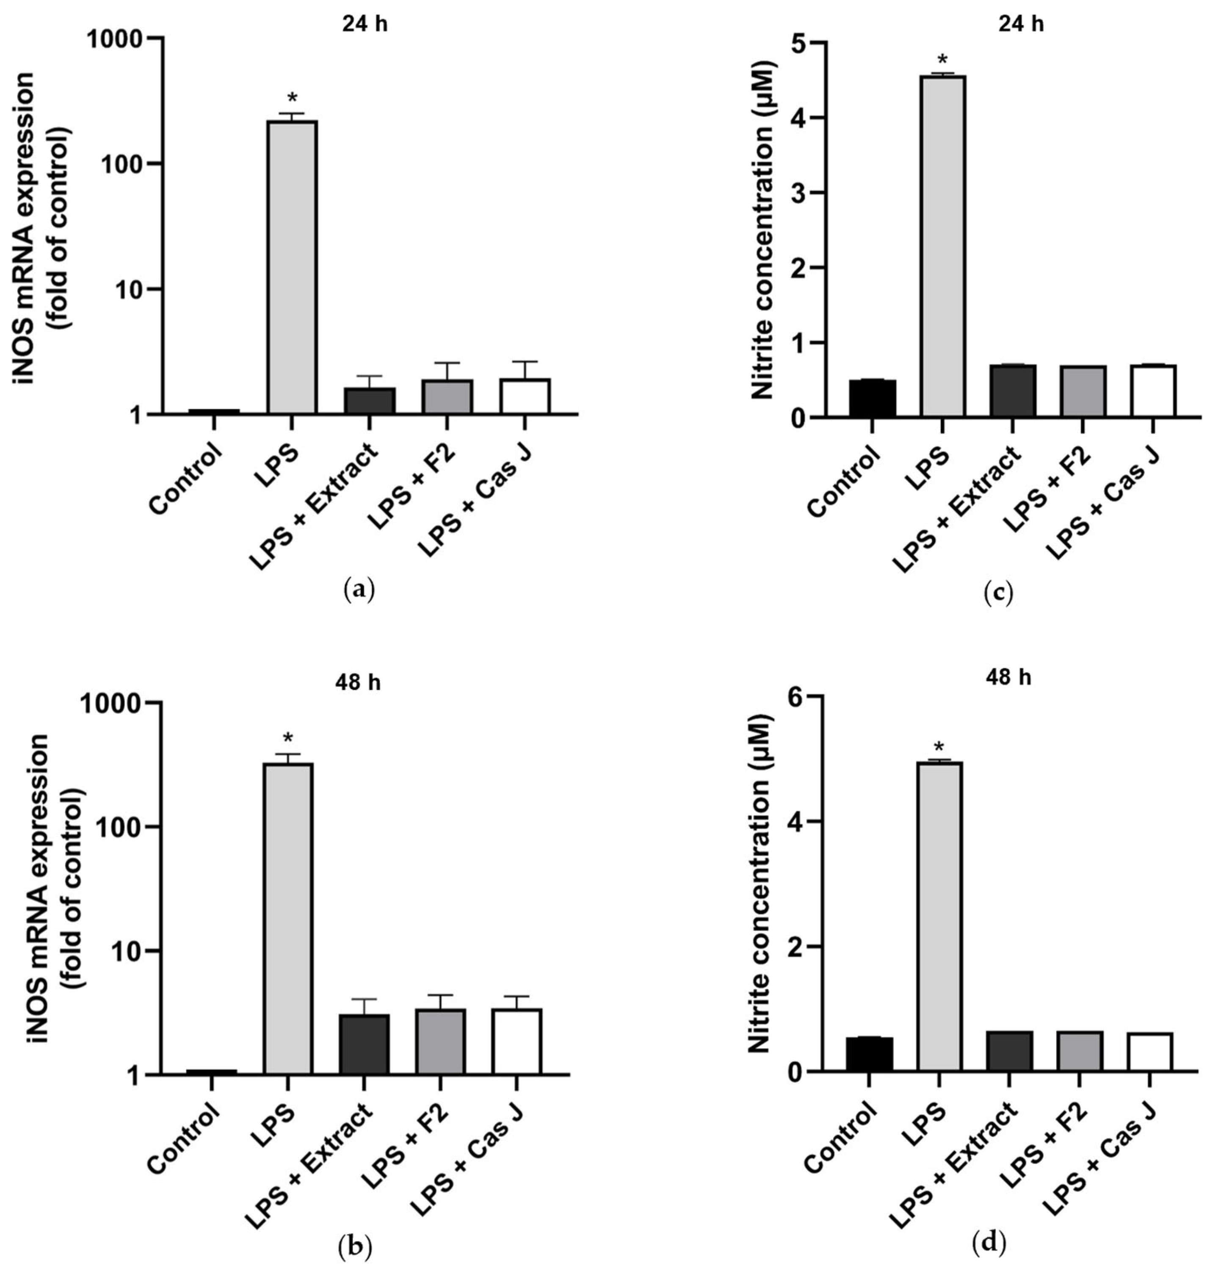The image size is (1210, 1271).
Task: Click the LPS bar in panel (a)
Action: (x=292, y=266)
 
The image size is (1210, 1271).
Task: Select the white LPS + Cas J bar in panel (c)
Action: (x=1153, y=391)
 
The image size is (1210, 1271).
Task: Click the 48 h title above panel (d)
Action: (x=1008, y=678)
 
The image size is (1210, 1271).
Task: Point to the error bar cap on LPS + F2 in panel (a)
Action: (x=448, y=363)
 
